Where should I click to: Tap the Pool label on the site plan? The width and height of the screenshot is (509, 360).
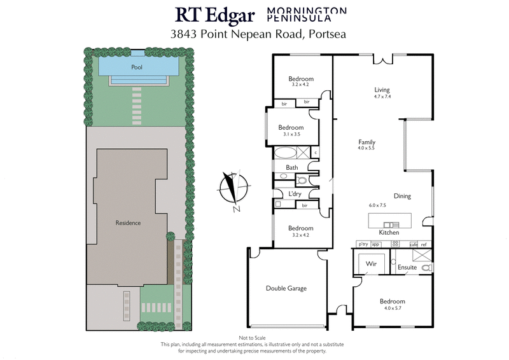point(136,67)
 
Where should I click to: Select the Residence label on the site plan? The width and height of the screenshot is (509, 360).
point(128,223)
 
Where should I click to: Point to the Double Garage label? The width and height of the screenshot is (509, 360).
point(286,288)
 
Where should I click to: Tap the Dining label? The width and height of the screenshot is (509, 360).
point(402,197)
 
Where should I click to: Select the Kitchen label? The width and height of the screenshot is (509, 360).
point(389,233)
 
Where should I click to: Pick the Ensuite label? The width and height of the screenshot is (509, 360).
point(407,267)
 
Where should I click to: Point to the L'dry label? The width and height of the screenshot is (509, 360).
point(295,193)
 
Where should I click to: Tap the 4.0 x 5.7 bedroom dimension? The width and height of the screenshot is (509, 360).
point(392,308)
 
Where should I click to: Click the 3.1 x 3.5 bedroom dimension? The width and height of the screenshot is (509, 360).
point(290,134)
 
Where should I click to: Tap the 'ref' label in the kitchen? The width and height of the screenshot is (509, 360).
point(424,245)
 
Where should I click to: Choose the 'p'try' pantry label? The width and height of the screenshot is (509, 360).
point(363,245)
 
